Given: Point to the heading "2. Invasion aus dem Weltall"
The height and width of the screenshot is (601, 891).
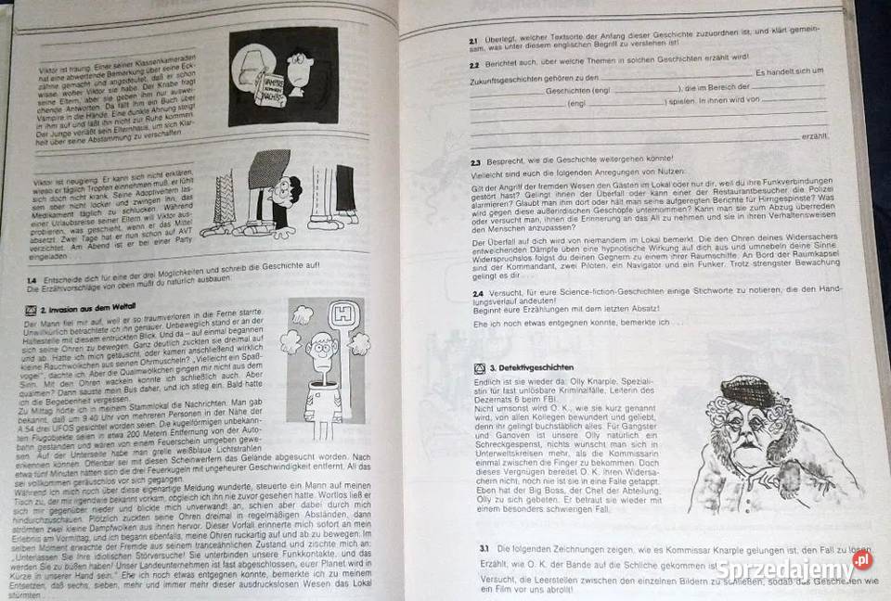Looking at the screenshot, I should (81, 306).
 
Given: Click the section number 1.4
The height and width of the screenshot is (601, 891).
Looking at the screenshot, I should (32, 278).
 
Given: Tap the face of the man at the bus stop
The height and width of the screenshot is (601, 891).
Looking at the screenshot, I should (321, 353).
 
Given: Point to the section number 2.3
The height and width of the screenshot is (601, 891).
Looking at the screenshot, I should (474, 161).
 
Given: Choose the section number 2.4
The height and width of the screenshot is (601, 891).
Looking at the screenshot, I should (475, 291).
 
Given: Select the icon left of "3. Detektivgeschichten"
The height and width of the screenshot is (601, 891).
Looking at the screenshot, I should (480, 368).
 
